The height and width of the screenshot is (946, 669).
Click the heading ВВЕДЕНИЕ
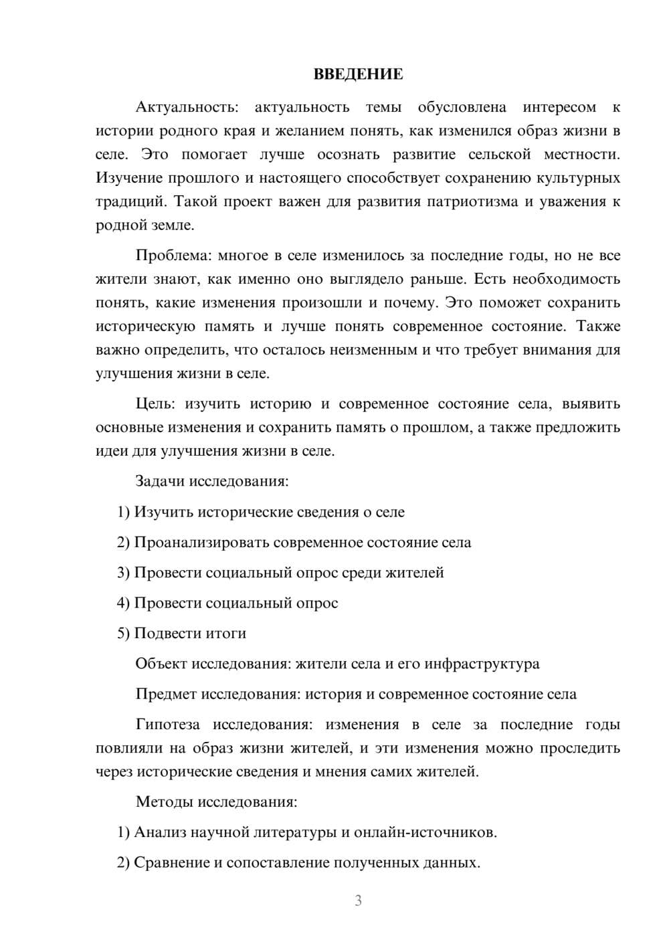[358, 74]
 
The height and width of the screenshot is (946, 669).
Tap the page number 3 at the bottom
[358, 901]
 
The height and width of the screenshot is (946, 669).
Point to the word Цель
[155, 404]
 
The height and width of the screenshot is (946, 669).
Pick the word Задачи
[160, 481]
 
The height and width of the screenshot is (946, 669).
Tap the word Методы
[161, 801]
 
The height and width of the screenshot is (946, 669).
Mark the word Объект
[161, 664]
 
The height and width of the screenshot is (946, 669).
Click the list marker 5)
[124, 633]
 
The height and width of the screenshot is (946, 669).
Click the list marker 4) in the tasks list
[124, 603]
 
